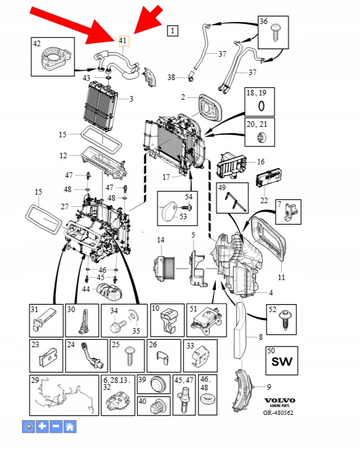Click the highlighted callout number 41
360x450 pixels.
coord(123,41)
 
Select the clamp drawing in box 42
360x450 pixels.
coord(49,58)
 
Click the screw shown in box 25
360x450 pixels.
coord(129,355)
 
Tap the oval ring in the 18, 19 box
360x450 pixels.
coord(261,104)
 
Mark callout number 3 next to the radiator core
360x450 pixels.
coord(130,99)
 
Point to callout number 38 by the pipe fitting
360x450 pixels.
coord(171,76)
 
